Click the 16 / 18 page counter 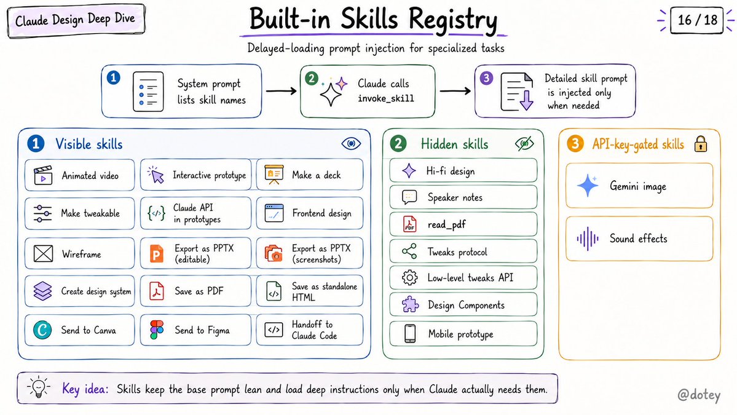pos(696,20)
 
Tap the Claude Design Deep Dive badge pos(76,20)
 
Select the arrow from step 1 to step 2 pos(281,91)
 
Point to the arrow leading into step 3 pos(455,91)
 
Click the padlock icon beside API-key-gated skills pos(700,144)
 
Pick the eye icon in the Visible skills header pos(351,143)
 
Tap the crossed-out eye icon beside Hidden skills pos(524,144)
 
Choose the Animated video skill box pos(79,175)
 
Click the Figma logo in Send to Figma pos(157,330)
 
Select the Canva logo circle pos(42,330)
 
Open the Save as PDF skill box pos(195,291)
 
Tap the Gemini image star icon pos(588,186)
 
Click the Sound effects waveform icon pos(588,239)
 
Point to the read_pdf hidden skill pos(463,224)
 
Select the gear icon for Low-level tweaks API pos(409,278)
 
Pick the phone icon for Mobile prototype pos(410,334)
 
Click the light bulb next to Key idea pos(39,388)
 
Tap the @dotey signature pos(698,395)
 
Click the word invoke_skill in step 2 pos(386,98)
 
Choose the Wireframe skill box pos(79,254)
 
